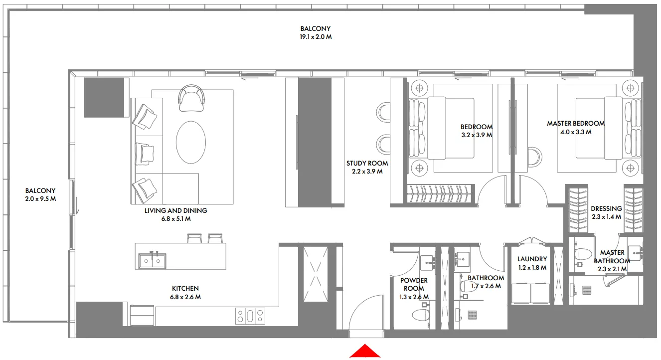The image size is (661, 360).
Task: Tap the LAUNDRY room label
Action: tap(532, 259)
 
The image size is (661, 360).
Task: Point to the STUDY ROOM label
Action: tap(367, 163)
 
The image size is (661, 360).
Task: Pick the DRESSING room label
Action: tap(606, 209)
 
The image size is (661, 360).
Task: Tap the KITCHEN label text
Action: tap(185, 288)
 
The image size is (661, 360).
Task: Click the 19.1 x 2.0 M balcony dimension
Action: tap(315, 37)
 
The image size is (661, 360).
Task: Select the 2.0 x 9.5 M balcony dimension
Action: tap(40, 199)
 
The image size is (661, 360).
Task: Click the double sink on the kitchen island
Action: tap(153, 260)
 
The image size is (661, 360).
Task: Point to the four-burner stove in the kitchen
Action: tap(250, 315)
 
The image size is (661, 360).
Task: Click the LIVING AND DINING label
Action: tap(175, 210)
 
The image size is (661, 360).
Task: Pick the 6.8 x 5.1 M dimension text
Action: tap(174, 219)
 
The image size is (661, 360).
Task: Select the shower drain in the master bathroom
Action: tap(587, 289)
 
